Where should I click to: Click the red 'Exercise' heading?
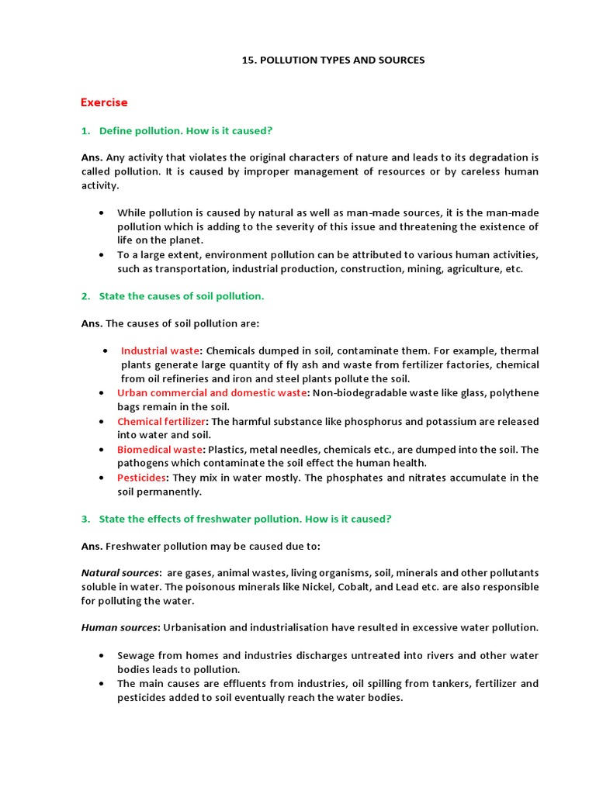click(104, 102)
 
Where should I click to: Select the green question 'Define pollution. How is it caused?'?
click(185, 130)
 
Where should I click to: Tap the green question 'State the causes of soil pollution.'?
click(182, 296)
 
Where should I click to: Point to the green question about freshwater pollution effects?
click(244, 520)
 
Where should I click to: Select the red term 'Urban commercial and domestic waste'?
click(212, 393)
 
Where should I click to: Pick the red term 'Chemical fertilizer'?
click(161, 421)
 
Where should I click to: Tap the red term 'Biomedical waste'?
click(160, 450)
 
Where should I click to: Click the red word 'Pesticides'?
click(141, 478)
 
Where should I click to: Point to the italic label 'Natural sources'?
click(116, 573)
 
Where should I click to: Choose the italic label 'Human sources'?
click(114, 627)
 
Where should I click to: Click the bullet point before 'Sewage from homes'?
click(102, 656)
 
